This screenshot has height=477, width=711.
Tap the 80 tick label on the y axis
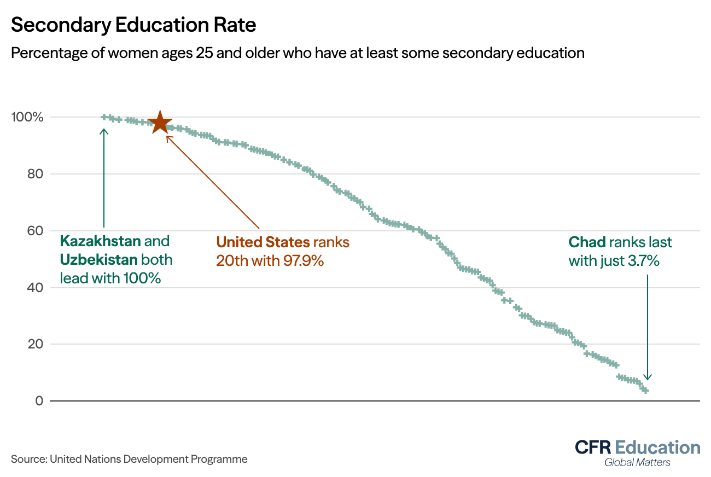pos(36,174)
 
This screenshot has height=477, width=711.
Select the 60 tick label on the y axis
pos(36,231)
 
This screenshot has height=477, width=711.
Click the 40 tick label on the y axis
pos(36,288)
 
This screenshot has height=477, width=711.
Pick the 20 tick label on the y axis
pos(36,344)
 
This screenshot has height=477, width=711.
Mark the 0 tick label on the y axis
pos(39,401)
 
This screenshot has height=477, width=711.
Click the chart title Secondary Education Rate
pos(133,25)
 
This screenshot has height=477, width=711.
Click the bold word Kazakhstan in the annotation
pos(100,241)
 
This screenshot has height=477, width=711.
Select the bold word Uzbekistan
pos(98,260)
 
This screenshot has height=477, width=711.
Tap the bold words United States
pos(263,242)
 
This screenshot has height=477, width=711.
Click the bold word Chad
pos(587,242)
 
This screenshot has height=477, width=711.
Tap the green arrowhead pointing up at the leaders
pos(104,131)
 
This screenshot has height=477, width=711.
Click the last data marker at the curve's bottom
pos(645,390)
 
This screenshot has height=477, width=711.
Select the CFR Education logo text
pos(637,447)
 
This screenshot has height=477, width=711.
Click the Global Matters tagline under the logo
pos(637,463)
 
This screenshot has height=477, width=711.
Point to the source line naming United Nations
pos(129,459)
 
